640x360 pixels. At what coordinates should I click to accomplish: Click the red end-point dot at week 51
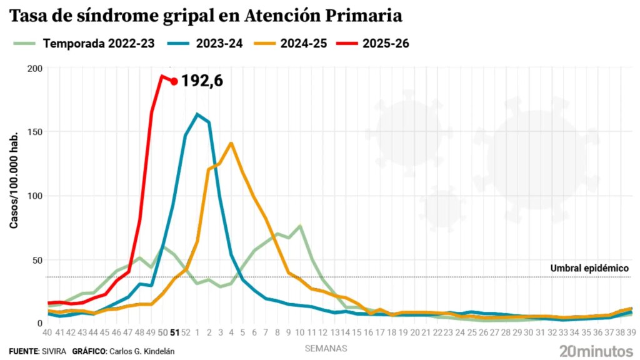coord(174,81)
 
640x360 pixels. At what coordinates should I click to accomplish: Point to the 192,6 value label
coord(202,81)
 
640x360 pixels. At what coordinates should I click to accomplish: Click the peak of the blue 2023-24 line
coord(197,114)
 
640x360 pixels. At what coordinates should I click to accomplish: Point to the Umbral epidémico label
coord(589,268)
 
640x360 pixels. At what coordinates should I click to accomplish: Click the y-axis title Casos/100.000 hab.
coord(14,180)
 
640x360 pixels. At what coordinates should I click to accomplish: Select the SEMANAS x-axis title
coord(326,347)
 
